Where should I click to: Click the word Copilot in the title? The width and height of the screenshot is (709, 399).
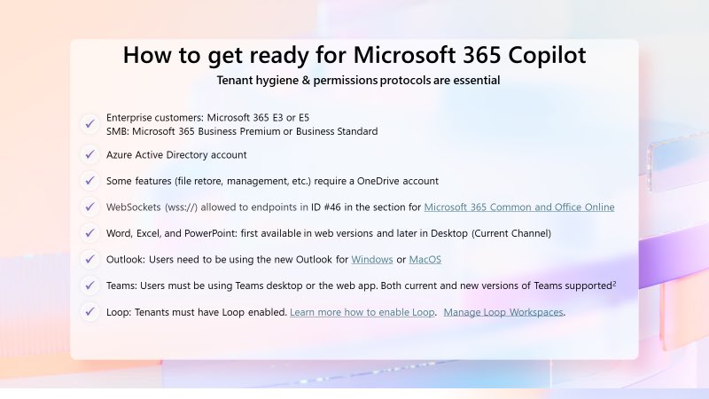point(541,55)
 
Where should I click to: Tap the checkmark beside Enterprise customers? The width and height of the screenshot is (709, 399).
point(89,123)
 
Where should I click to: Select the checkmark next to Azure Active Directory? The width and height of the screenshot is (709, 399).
point(89,154)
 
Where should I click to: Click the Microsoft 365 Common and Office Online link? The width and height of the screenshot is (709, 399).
point(519,207)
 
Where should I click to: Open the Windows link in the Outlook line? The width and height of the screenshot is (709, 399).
point(372,260)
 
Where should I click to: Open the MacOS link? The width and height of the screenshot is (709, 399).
point(425,260)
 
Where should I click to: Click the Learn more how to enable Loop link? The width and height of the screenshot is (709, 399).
point(362,312)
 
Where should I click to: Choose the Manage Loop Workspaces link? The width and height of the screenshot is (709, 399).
point(503,312)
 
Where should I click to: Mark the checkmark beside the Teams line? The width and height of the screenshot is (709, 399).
point(89,286)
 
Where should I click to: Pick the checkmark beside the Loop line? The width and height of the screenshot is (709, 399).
point(89,312)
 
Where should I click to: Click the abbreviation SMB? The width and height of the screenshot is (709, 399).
point(118,131)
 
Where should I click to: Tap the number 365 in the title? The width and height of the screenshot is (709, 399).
point(457,55)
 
